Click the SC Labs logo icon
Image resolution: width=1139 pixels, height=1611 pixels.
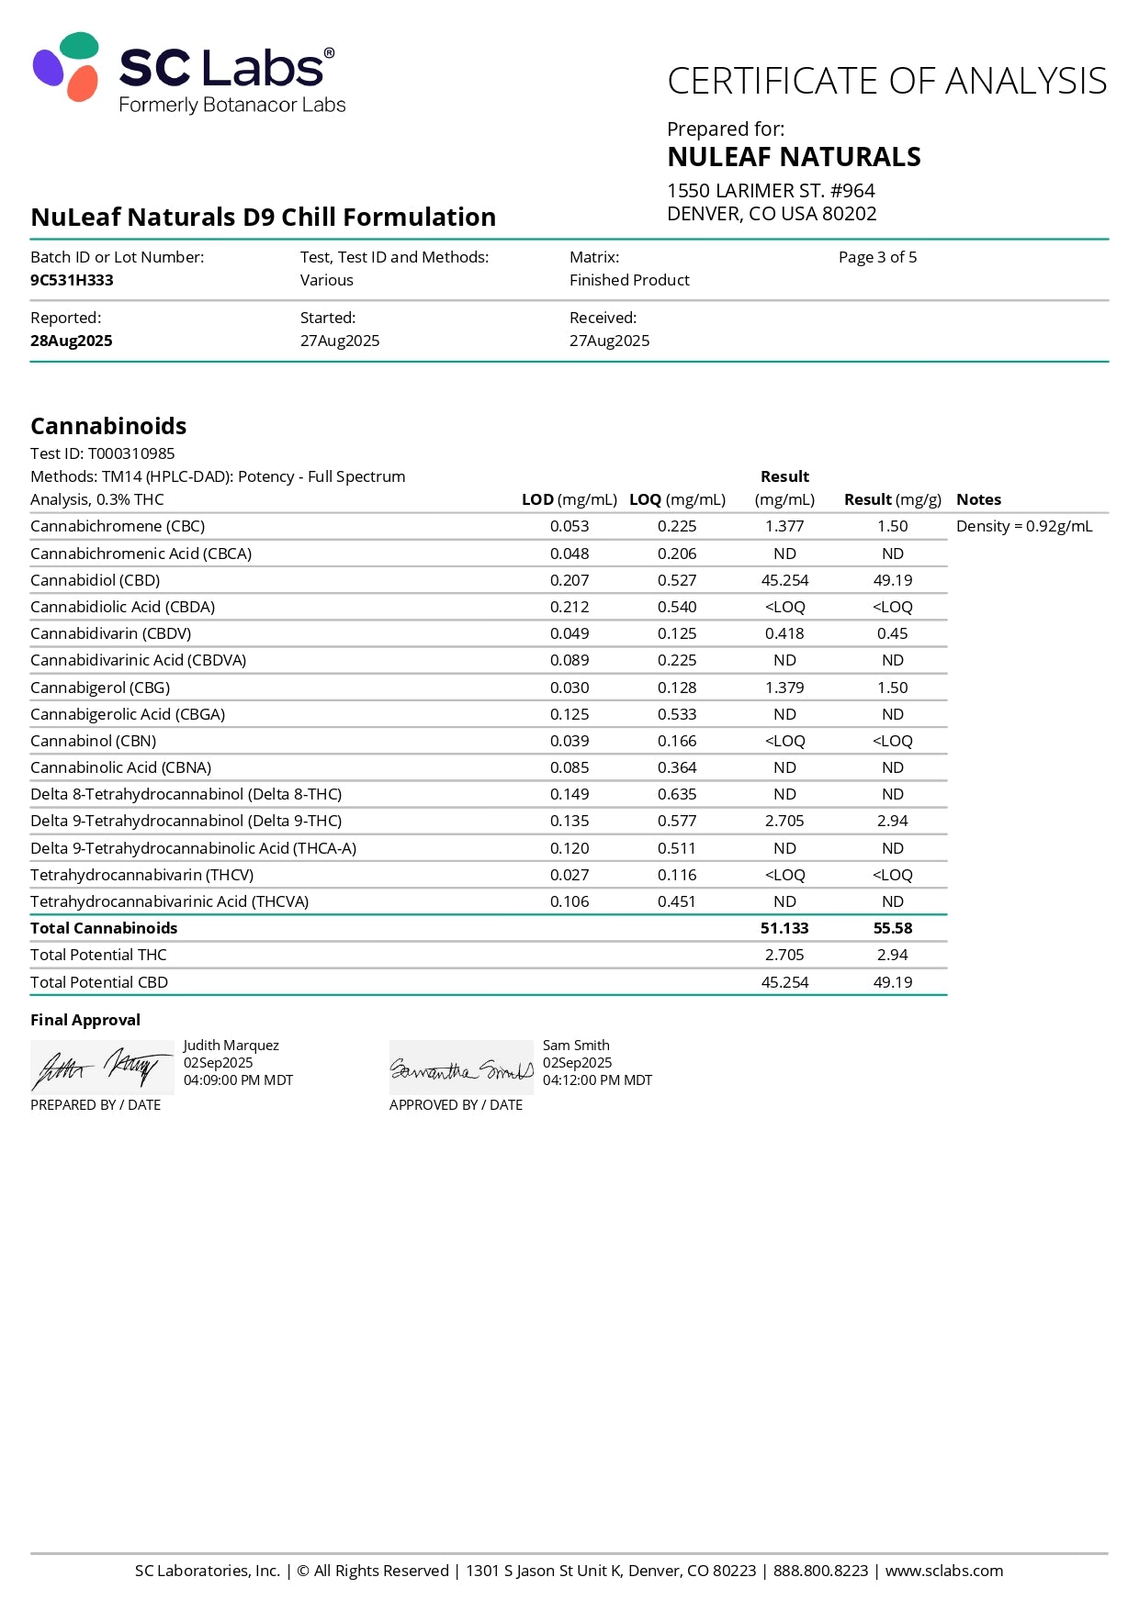tap(66, 67)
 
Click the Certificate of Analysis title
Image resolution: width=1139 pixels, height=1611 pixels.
tap(886, 82)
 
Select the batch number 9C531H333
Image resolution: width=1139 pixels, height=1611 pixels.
tap(72, 280)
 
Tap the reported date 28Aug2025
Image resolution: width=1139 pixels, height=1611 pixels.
tap(72, 341)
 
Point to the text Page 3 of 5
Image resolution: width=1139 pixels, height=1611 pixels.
tap(877, 257)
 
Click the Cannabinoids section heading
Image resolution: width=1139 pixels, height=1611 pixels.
tap(108, 426)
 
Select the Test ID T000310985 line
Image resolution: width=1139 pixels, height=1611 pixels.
tap(103, 453)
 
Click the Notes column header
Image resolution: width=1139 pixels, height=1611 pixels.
tap(978, 499)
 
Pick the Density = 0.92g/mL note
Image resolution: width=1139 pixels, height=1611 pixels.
tap(1024, 526)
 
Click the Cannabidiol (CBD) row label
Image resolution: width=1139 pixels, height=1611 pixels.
tap(95, 580)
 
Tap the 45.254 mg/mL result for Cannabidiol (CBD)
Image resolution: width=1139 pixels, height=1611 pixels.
tap(784, 580)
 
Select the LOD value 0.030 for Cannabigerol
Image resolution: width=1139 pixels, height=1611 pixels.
tap(569, 688)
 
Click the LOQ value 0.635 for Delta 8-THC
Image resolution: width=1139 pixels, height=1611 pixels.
tap(677, 794)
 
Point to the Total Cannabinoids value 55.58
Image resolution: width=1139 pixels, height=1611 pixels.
tap(893, 928)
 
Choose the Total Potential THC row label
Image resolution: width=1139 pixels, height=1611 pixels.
tap(98, 955)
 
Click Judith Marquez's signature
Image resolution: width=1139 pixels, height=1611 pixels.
tap(101, 1068)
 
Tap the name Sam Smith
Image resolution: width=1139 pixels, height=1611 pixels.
tap(576, 1046)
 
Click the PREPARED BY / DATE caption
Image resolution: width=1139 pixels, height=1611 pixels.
tap(96, 1105)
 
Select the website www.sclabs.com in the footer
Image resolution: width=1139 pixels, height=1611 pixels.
tap(944, 1571)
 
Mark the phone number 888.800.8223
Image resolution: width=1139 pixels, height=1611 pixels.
tap(820, 1571)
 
